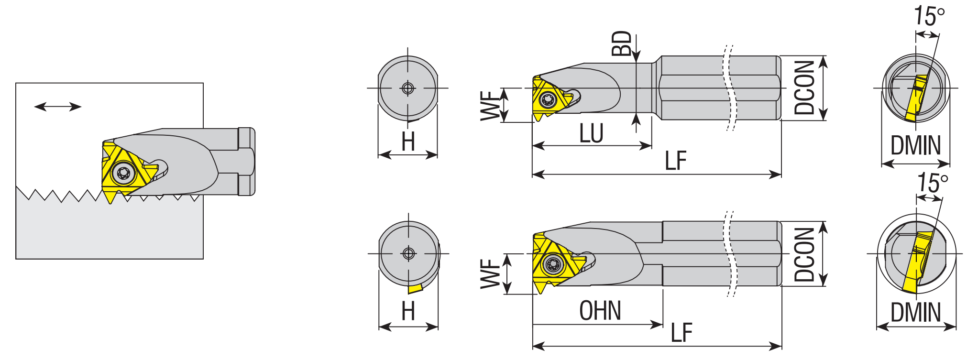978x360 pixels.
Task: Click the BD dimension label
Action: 622,44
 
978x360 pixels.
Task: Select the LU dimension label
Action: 591,133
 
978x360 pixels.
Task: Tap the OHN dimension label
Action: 600,311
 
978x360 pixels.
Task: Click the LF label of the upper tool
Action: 675,161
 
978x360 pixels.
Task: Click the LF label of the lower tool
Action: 681,333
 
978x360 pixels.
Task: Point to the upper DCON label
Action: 804,88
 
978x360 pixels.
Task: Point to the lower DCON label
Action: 804,254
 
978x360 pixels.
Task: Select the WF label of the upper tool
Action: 490,106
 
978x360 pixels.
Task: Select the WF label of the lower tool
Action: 490,274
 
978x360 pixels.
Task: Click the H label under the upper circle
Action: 408,142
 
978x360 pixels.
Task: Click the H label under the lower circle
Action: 408,311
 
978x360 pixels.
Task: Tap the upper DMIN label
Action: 915,145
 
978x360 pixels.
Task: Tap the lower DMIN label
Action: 915,313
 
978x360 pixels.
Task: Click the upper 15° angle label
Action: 929,17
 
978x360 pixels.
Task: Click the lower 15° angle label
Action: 932,183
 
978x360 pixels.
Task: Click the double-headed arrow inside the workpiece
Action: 58,107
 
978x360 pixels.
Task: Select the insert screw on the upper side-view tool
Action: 547,99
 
